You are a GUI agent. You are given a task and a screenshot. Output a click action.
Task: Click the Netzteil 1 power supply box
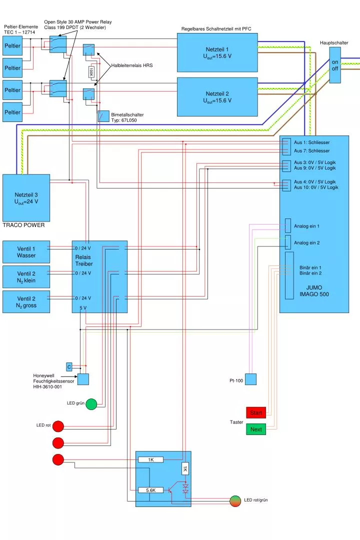pyautogui.click(x=217, y=52)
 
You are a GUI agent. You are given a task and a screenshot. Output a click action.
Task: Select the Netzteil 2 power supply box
pyautogui.click(x=217, y=96)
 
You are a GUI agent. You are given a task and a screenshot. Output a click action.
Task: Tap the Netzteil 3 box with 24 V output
pyautogui.click(x=26, y=197)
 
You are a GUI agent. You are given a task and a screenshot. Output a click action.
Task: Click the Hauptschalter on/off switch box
pyautogui.click(x=335, y=65)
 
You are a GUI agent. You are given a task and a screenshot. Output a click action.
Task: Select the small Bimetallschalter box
pyautogui.click(x=103, y=116)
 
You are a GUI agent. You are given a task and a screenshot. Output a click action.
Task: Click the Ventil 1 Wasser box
pyautogui.click(x=26, y=252)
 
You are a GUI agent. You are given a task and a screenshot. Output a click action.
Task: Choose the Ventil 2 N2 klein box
pyautogui.click(x=26, y=277)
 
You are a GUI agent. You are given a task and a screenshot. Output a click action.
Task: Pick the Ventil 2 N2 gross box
pyautogui.click(x=26, y=301)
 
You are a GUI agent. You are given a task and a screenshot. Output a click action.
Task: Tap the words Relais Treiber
pyautogui.click(x=84, y=260)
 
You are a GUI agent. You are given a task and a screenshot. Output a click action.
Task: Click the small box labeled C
pyautogui.click(x=69, y=366)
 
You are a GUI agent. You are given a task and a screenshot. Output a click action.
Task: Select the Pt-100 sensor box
pyautogui.click(x=250, y=379)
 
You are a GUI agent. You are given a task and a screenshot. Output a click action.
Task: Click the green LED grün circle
pyautogui.click(x=91, y=404)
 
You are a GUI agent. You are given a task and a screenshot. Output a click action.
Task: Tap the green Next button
pyautogui.click(x=256, y=429)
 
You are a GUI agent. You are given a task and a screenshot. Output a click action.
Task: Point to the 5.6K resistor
pyautogui.click(x=151, y=490)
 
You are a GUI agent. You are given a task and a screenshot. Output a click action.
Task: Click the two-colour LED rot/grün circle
pyautogui.click(x=235, y=500)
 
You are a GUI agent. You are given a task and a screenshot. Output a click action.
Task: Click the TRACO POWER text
pyautogui.click(x=23, y=225)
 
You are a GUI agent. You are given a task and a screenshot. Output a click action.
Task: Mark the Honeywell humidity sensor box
pyautogui.click(x=83, y=379)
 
